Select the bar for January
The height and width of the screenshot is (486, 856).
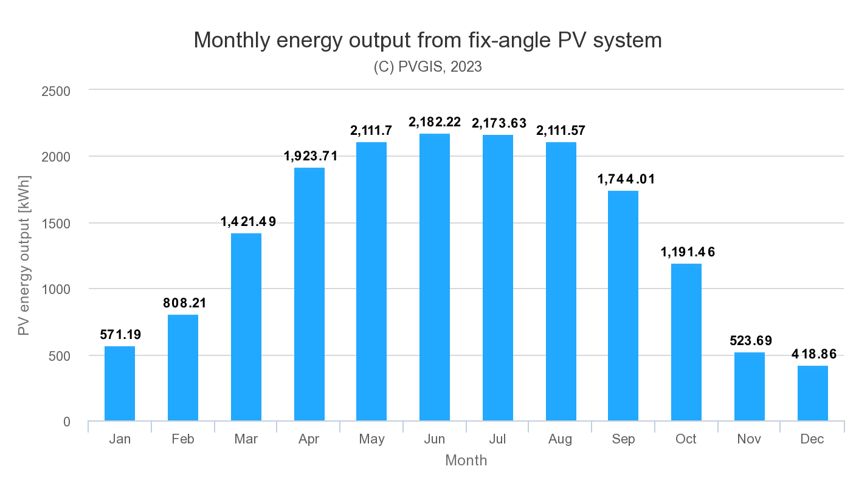point(120,383)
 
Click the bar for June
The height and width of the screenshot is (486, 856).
point(435,277)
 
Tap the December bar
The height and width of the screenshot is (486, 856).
point(813,393)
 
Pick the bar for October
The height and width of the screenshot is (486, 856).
point(686,342)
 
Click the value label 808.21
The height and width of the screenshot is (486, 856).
point(184,303)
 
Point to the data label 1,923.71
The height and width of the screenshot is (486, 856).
point(310,156)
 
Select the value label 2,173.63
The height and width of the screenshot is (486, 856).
point(499,123)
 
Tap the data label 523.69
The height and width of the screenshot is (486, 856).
point(750,341)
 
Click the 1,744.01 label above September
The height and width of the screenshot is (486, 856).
point(624,179)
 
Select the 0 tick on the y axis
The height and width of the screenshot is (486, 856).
point(67,422)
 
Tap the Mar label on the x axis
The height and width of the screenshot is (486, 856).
point(246,439)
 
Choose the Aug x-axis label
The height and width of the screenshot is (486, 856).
point(561,439)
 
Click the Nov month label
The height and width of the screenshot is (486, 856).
point(749,439)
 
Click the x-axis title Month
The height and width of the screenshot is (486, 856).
point(466,460)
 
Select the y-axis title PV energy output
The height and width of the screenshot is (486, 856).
point(24,256)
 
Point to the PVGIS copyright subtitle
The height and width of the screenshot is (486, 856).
point(427,67)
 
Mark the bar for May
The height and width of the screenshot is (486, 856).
point(371,281)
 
